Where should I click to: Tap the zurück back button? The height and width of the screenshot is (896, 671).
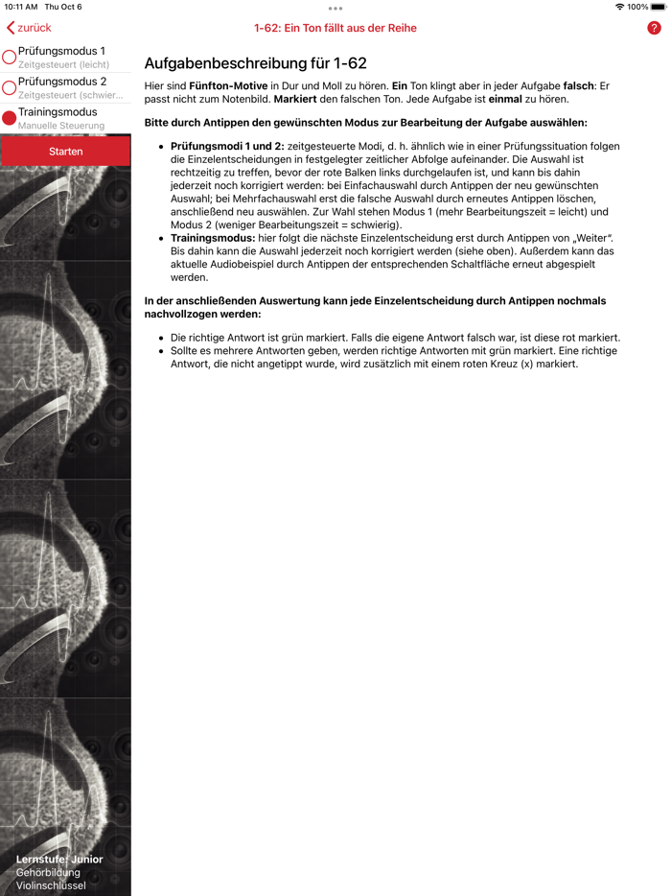29,28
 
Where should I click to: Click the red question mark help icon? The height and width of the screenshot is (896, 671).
655,28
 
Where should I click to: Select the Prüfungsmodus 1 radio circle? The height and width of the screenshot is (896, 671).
10,58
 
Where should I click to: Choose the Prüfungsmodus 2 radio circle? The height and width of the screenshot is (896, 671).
10,88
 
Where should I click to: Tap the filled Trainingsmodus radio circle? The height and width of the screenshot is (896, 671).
10,118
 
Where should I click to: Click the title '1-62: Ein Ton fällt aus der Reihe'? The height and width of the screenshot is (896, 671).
335,28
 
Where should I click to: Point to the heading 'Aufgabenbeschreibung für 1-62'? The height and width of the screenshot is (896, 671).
255,64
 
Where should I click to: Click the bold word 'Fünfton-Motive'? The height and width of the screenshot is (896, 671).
228,86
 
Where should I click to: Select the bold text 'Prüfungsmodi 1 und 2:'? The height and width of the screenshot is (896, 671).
227,147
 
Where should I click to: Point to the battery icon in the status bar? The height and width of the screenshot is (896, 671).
659,7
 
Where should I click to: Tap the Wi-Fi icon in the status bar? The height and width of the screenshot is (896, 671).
619,7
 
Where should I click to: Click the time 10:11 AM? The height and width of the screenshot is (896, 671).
21,7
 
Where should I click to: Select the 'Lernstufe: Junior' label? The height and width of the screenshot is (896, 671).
59,860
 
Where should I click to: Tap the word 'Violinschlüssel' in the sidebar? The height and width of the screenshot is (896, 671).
51,885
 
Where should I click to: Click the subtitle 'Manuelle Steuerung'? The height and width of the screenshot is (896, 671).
61,126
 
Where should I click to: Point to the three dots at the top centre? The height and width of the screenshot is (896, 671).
335,9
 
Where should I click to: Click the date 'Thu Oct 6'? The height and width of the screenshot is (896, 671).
64,7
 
